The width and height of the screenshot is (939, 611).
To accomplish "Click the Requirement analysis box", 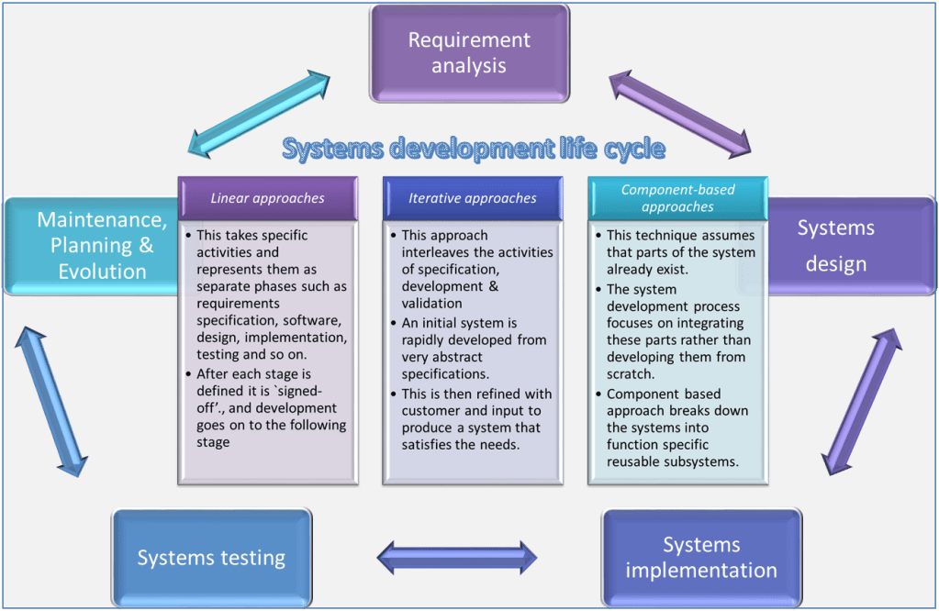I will [x=469, y=52].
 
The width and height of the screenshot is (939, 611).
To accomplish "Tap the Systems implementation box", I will [x=701, y=557].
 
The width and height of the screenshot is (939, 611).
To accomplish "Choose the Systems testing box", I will [x=211, y=557].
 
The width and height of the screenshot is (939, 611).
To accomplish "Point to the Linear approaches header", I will [x=267, y=198].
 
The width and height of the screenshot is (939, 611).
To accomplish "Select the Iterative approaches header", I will [x=473, y=198].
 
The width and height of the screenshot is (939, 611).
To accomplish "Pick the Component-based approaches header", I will [x=678, y=198].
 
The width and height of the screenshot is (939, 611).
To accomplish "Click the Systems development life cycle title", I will [x=473, y=149].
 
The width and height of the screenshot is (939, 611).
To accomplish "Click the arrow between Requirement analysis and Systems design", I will [x=681, y=114].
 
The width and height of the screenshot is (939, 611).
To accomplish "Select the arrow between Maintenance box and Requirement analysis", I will [x=257, y=114].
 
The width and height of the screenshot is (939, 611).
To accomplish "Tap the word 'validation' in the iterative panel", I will [x=432, y=304].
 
